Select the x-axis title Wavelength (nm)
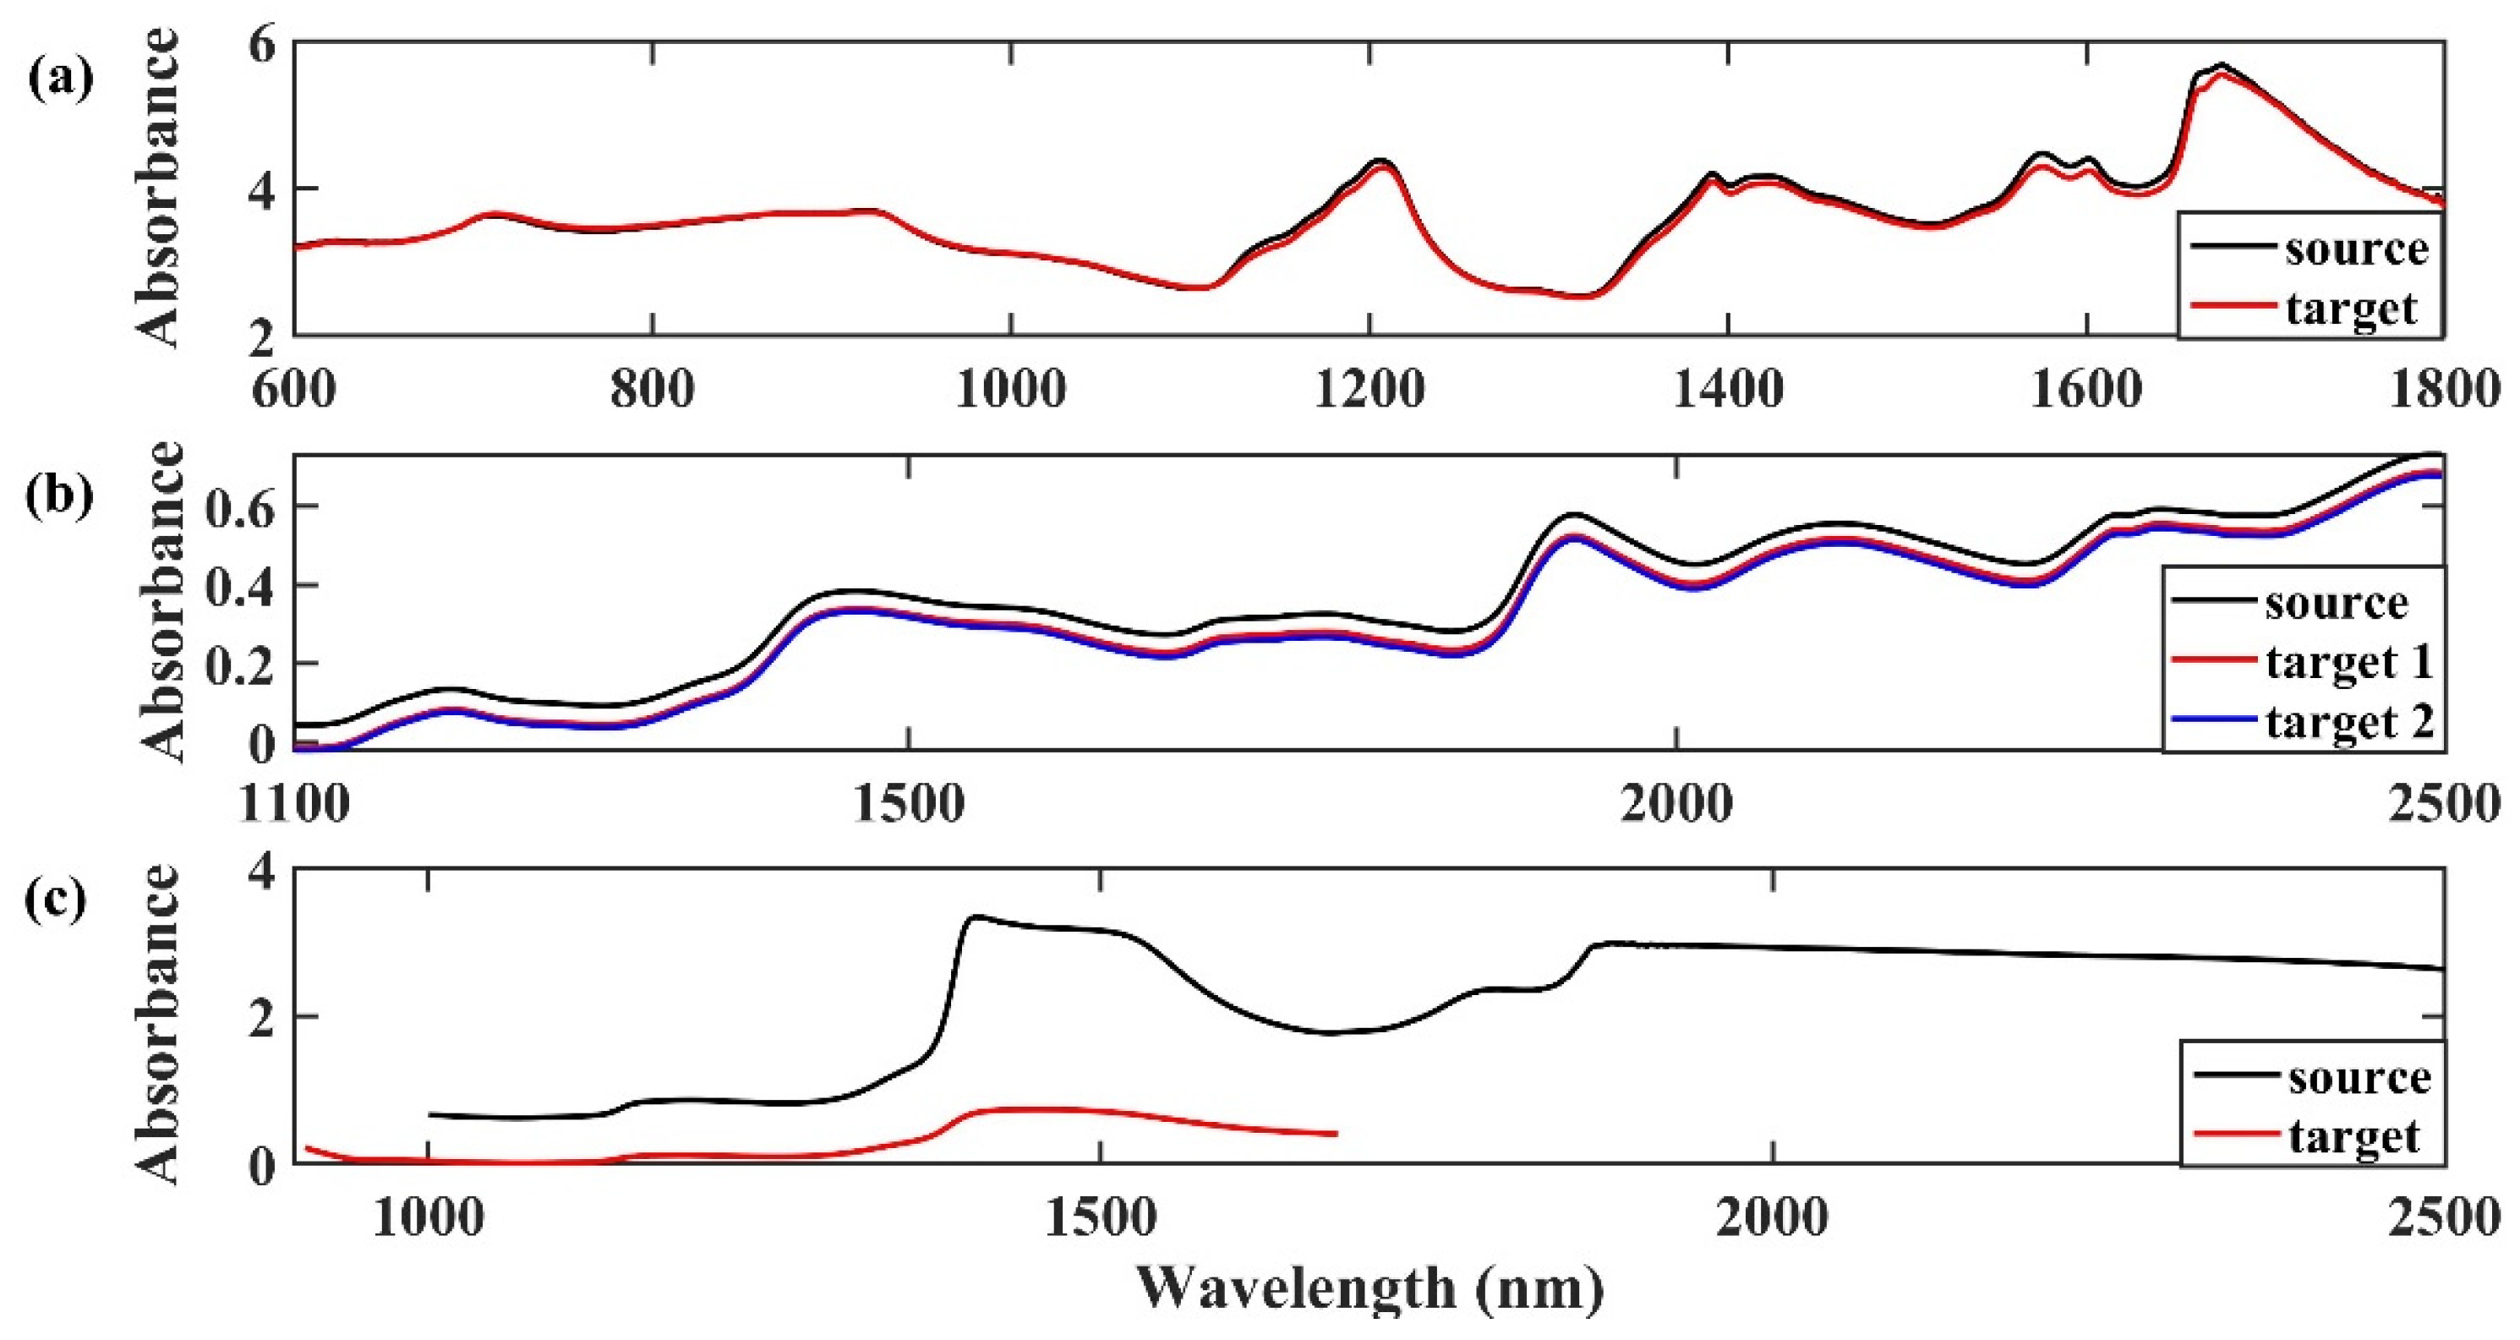tap(1369, 1288)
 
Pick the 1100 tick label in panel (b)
tap(293, 805)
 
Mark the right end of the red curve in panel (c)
tap(1336, 1134)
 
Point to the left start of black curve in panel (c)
tap(430, 1114)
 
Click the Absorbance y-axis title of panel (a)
tap(158, 188)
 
